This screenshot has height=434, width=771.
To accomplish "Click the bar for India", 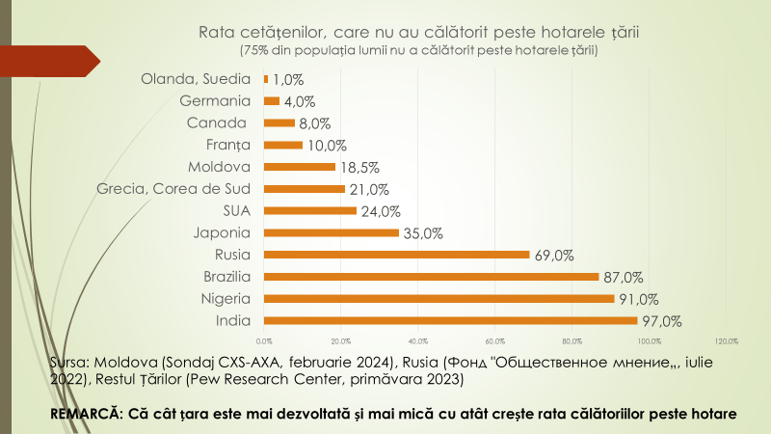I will click(x=450, y=320).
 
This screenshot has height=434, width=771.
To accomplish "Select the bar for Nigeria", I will click(x=439, y=298).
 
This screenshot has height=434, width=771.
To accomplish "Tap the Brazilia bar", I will click(x=431, y=276).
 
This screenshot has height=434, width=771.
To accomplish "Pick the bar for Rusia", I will click(x=396, y=255).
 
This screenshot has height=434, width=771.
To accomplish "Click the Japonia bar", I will click(x=331, y=232).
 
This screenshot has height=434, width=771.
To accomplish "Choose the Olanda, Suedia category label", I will click(x=196, y=79).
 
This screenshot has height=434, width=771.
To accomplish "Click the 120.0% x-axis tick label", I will click(x=726, y=340).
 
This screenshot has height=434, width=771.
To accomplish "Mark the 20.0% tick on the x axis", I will click(x=340, y=340).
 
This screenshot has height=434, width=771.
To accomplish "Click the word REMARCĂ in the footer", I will click(x=85, y=414).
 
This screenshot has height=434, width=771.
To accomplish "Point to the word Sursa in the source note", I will click(x=67, y=362).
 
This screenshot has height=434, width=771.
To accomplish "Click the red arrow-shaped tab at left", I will click(x=58, y=62).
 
